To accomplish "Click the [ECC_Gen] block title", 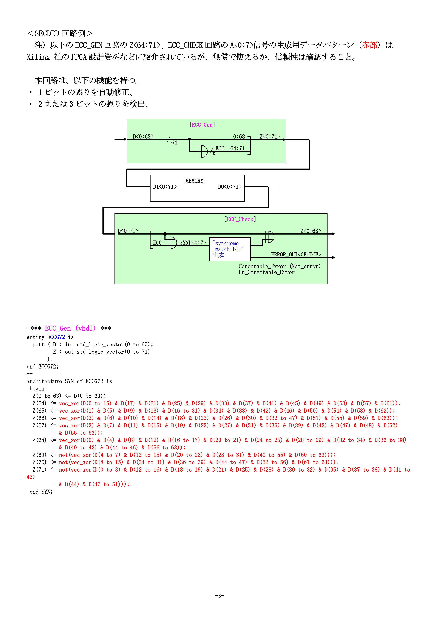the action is click(x=202, y=125).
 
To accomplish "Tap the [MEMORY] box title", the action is click(x=194, y=181).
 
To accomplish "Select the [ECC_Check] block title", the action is click(x=240, y=219).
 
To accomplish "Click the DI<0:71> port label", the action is click(x=165, y=187).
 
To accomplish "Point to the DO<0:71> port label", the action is click(x=229, y=187).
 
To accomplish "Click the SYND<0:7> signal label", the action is click(x=193, y=242).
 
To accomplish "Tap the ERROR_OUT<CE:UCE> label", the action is click(x=296, y=254).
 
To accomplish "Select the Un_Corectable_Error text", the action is click(x=266, y=272).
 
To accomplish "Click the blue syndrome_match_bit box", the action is click(x=230, y=249).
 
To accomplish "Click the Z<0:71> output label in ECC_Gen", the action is click(x=270, y=136).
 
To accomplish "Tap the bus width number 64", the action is click(x=174, y=143).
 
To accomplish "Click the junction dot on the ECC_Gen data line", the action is click(x=190, y=139).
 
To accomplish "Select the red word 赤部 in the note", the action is click(x=369, y=45).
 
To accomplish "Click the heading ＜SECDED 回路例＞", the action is click(x=60, y=33).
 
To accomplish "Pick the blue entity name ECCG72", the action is click(x=56, y=337).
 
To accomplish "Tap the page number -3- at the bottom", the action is click(x=219, y=595).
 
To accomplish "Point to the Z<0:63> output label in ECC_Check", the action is click(x=311, y=231).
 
